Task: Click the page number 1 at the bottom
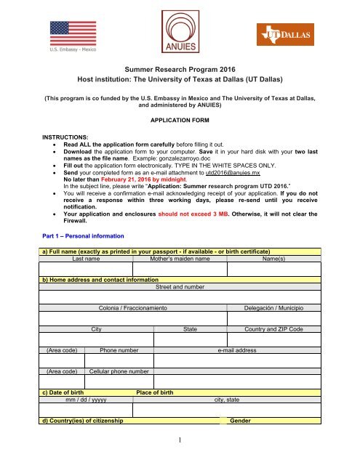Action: point(180,457)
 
